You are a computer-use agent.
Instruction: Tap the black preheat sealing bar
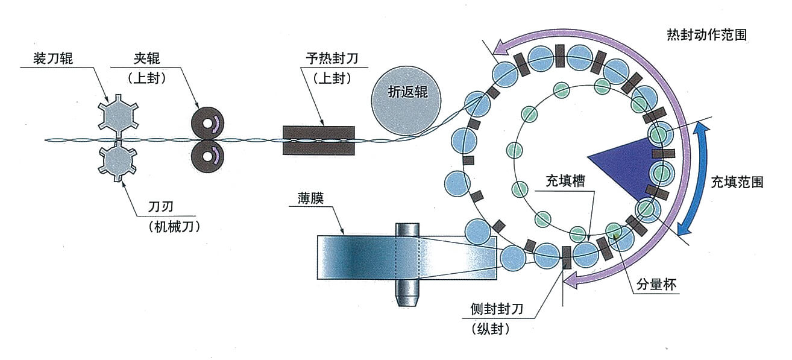tap(318, 140)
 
